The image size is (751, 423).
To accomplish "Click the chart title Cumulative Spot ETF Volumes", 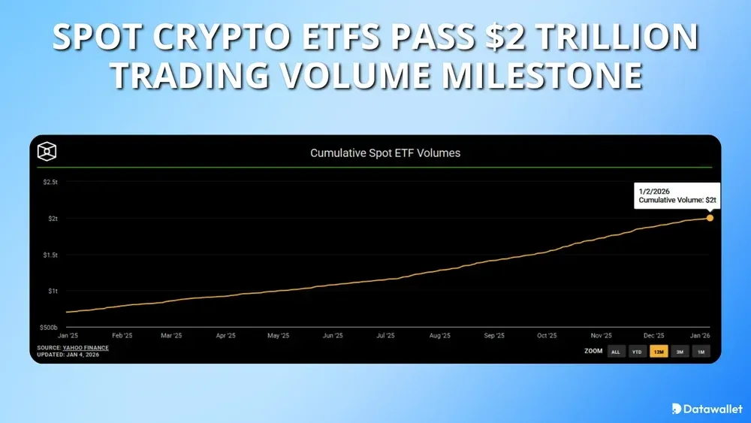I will (x=385, y=153).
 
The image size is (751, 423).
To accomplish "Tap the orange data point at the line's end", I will (x=710, y=218).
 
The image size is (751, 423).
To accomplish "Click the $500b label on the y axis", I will (x=50, y=327).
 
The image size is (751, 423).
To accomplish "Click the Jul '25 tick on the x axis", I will (x=386, y=336).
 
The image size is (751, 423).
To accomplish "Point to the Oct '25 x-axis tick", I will (x=546, y=336).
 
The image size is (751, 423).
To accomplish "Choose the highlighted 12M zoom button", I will (x=659, y=352).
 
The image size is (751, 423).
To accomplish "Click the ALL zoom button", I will (x=616, y=352).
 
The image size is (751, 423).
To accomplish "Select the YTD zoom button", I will (x=637, y=352).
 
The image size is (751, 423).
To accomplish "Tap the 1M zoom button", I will (x=701, y=352).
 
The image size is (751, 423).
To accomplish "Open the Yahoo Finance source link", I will (x=86, y=348).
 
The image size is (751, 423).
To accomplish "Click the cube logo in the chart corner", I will (x=47, y=152).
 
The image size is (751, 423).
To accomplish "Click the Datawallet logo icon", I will (x=677, y=409).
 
